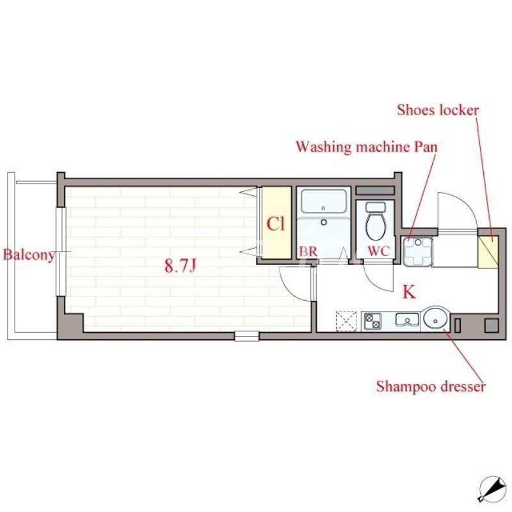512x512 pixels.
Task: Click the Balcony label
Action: (29, 255)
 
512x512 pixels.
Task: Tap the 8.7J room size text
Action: (180, 266)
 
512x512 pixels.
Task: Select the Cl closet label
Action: (276, 224)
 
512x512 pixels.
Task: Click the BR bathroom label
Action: (308, 252)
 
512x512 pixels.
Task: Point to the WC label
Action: (379, 251)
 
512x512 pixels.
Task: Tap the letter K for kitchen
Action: (409, 292)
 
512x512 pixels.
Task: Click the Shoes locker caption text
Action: (438, 110)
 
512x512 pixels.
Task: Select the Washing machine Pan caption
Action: (367, 147)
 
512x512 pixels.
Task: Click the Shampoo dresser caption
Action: (431, 387)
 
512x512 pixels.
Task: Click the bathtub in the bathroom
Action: (324, 202)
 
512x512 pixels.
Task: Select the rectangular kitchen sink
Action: (407, 319)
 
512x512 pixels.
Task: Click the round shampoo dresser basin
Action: (436, 318)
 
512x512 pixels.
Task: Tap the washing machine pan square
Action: (418, 252)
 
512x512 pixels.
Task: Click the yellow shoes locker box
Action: (488, 252)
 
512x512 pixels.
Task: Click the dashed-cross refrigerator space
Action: (346, 322)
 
